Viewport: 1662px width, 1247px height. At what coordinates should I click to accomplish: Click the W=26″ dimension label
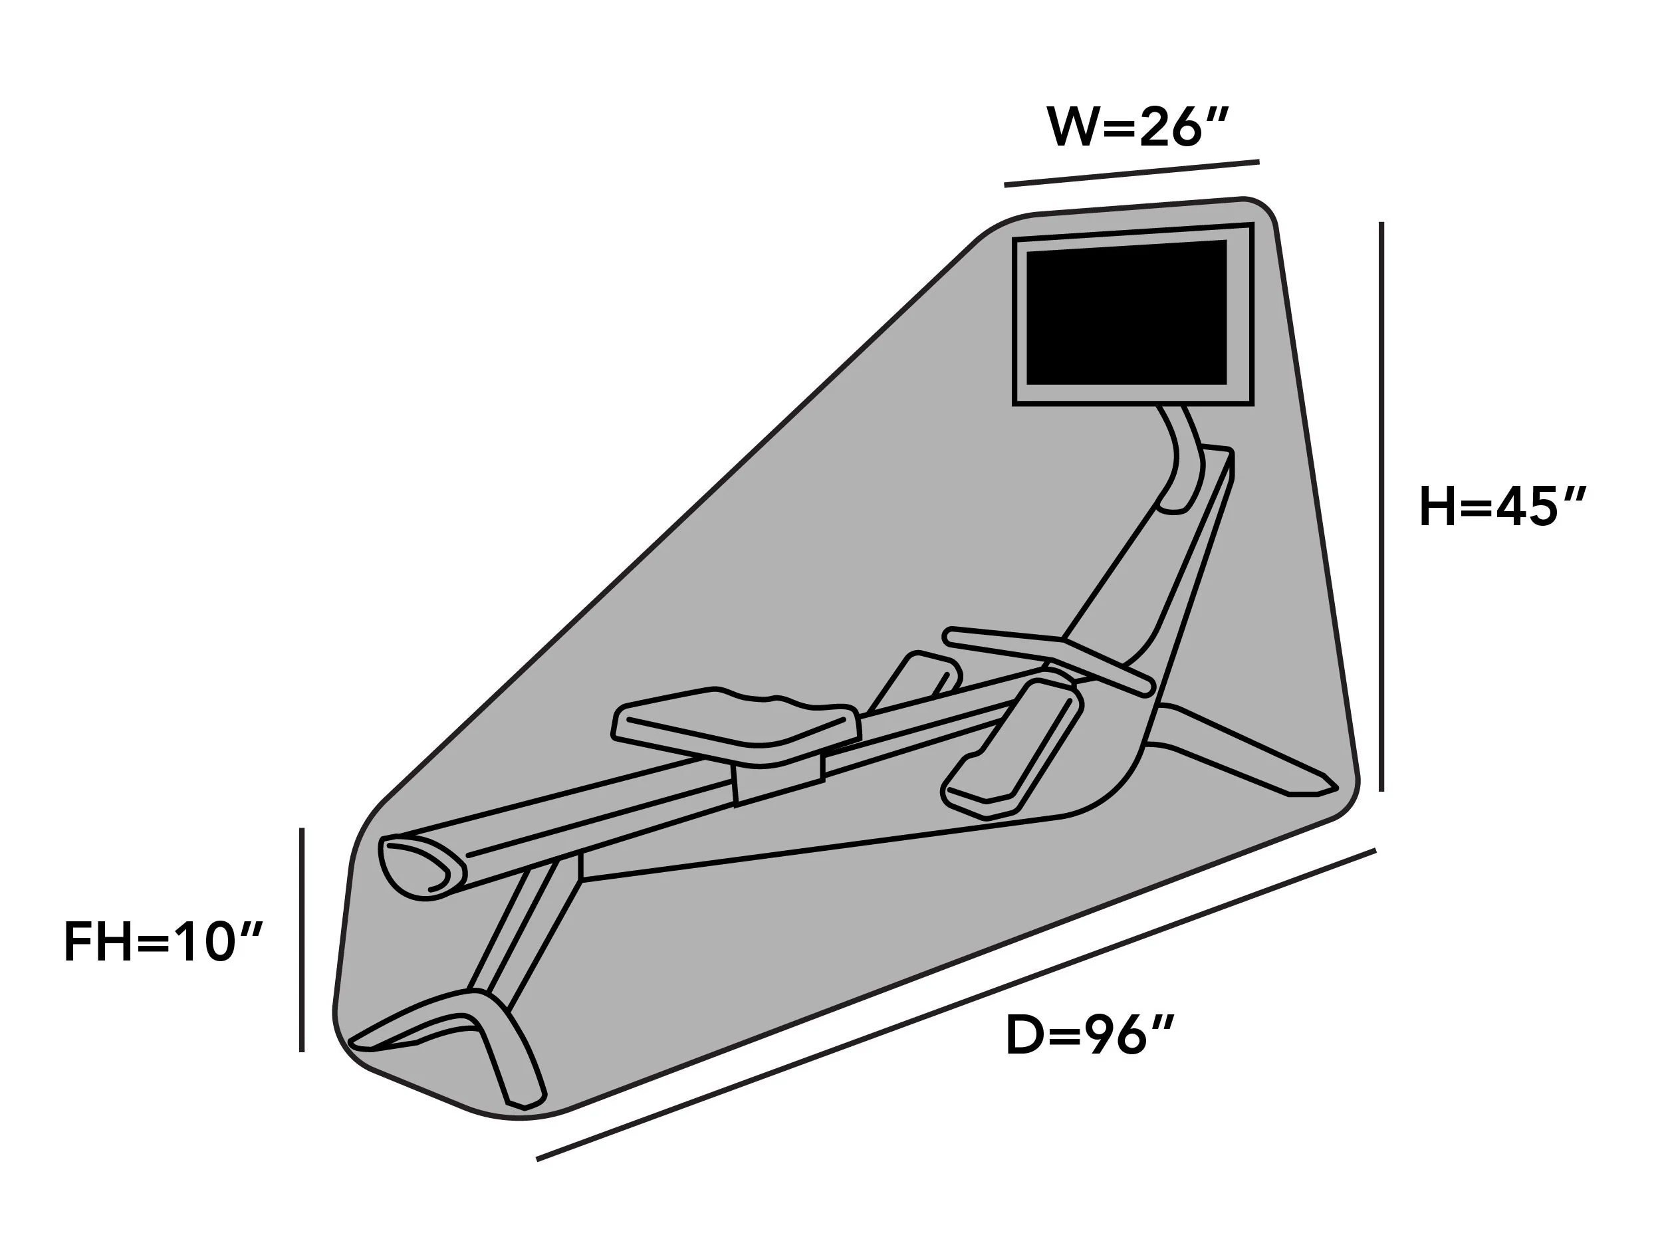(x=1137, y=127)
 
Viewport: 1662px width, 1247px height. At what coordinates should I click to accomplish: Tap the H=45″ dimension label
(x=1502, y=507)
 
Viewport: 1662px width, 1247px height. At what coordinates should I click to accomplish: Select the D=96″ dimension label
(x=1090, y=1035)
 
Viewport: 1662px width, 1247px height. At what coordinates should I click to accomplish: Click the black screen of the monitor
(x=1126, y=312)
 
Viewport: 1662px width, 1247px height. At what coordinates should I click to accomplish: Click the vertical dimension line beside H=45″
(x=1381, y=507)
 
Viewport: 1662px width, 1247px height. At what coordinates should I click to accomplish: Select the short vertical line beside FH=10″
(x=302, y=940)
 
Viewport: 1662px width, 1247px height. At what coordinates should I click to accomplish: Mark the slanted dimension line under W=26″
(x=1131, y=173)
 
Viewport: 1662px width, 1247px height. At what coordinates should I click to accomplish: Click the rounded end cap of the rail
(x=421, y=867)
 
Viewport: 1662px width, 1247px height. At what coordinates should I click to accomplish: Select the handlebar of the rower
(x=1049, y=659)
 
